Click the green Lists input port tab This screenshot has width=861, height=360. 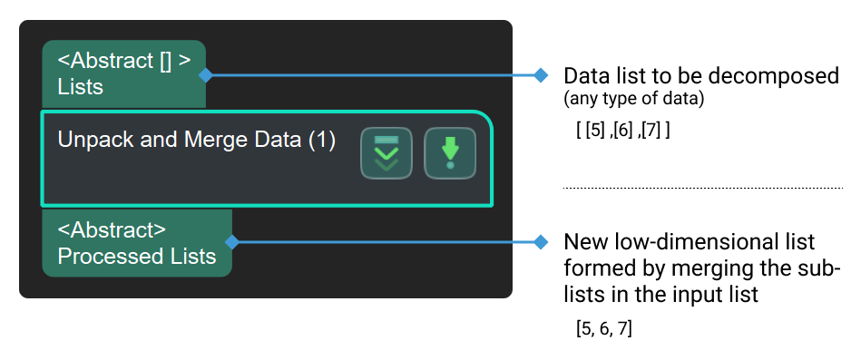pos(123,74)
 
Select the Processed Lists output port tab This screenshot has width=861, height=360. pos(136,243)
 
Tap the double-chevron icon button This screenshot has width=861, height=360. pos(386,153)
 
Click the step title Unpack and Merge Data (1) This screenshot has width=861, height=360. pos(196,140)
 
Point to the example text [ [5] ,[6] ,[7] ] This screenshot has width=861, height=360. pos(623,130)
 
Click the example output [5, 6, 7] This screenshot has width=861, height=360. pos(603,328)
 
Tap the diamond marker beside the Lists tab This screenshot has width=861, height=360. pos(206,74)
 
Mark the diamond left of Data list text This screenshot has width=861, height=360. pos(542,74)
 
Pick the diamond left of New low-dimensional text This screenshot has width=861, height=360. pos(542,242)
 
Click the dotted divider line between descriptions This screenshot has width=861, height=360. pos(703,188)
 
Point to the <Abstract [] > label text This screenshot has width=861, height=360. pos(124,62)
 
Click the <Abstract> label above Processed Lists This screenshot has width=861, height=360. pos(112,230)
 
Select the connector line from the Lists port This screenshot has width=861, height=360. pos(372,74)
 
